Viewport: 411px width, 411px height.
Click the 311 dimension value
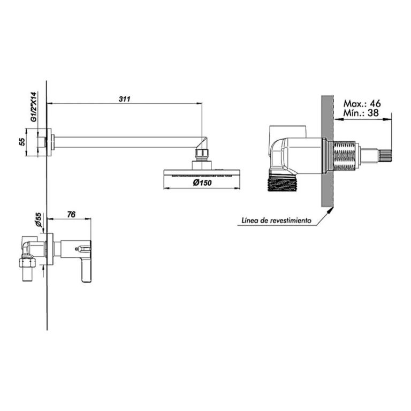click(x=124, y=99)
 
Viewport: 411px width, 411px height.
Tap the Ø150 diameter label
click(x=202, y=182)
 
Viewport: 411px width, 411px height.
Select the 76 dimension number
click(x=71, y=215)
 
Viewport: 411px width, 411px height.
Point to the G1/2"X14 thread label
click(x=34, y=106)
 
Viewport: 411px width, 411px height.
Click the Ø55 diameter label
click(x=39, y=219)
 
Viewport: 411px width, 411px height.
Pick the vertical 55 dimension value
click(x=22, y=142)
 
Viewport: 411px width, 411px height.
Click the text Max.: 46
click(x=362, y=103)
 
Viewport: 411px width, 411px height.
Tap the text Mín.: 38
click(x=361, y=113)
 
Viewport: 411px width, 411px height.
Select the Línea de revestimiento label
click(x=276, y=220)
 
